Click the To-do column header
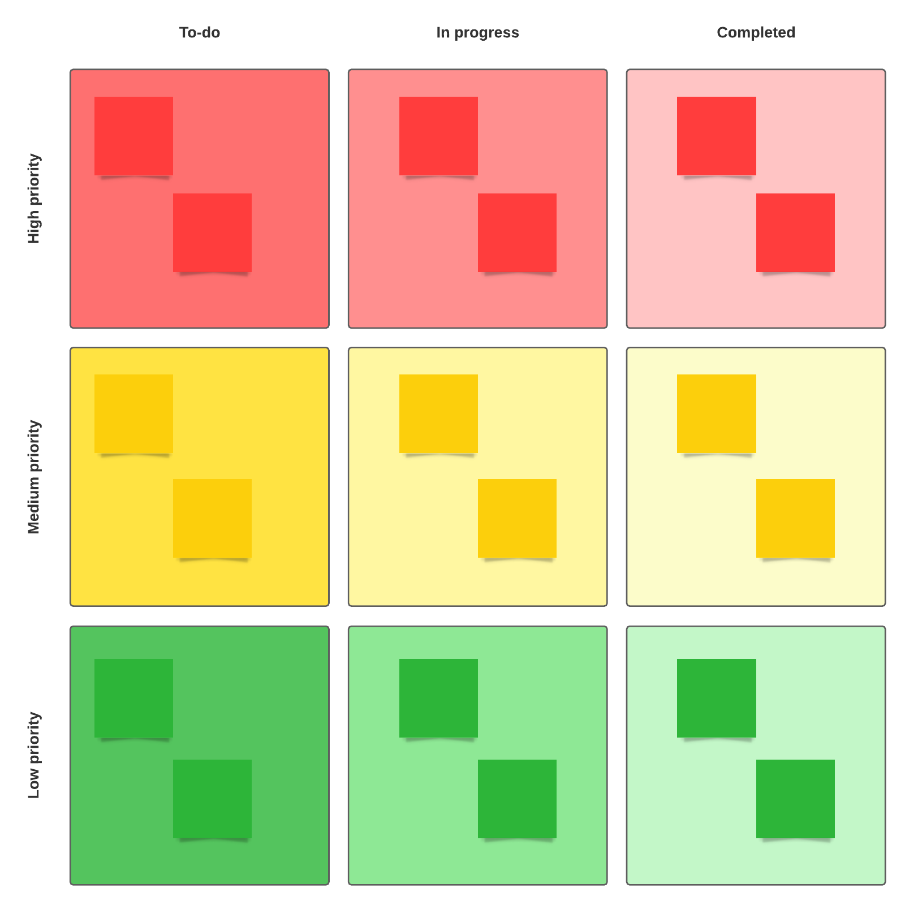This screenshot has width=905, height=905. (x=200, y=33)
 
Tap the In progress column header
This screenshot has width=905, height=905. (x=477, y=33)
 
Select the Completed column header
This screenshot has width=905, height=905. (x=756, y=33)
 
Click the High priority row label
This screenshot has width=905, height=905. (x=34, y=199)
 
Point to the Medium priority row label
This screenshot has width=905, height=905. (x=34, y=477)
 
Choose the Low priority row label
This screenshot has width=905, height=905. (x=34, y=755)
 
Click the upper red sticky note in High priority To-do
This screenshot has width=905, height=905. (x=133, y=136)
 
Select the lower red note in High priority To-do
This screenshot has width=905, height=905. (x=212, y=232)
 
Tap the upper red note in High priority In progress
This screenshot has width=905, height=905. (x=438, y=136)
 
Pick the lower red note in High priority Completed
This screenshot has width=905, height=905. (x=795, y=232)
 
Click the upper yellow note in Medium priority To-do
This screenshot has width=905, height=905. (x=133, y=413)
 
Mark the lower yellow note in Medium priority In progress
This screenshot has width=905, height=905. (x=517, y=518)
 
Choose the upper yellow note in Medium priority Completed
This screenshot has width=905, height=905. (x=716, y=413)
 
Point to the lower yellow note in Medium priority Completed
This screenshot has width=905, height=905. (x=795, y=518)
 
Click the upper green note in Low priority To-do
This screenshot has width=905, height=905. (x=133, y=698)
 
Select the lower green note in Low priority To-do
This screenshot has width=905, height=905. (x=212, y=799)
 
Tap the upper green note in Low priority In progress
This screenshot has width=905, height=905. (x=438, y=698)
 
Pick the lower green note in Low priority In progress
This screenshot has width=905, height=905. (x=517, y=799)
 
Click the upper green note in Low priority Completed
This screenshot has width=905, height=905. (x=716, y=698)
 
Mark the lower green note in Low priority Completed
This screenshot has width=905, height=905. (x=795, y=799)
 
